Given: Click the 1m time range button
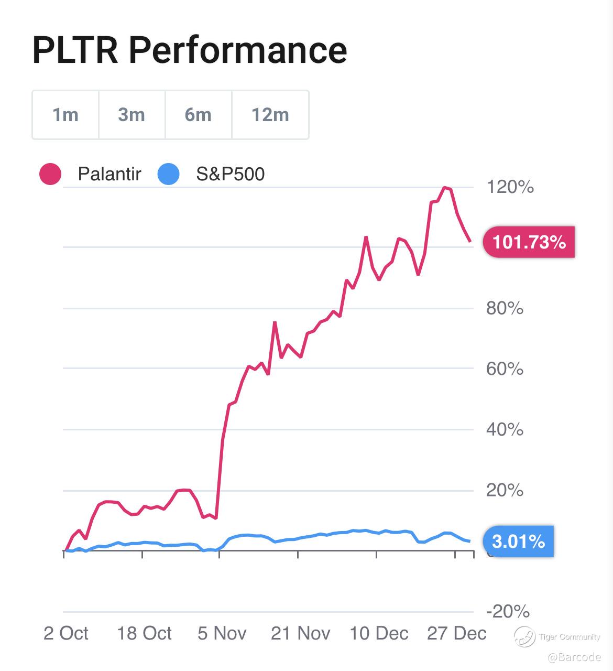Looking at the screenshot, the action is point(65,115).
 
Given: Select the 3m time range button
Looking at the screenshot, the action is point(132,115).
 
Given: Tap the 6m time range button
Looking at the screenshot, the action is point(199,115).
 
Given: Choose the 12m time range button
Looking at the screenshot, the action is point(270,115).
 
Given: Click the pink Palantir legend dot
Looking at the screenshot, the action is point(50,174).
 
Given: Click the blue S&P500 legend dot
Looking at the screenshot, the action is point(168,174).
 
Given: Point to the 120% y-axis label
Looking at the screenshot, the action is point(510,187).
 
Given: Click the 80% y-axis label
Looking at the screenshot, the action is point(505,308).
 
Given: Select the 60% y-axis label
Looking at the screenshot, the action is point(505,369).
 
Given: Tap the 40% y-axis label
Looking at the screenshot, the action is point(505,429).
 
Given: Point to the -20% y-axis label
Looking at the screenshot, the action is point(508,611).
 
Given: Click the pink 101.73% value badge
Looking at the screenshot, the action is point(529,242).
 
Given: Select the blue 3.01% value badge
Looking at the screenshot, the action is point(518,541).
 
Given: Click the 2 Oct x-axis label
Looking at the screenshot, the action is point(66,633).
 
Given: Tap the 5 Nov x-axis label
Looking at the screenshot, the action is point(222,633).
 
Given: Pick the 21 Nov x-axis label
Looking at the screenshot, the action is point(300,633).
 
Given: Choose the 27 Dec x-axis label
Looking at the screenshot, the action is point(456,633).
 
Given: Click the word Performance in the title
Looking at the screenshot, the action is point(238,50).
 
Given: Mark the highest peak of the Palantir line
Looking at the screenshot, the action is point(445,187).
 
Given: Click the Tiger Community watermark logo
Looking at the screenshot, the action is point(524,637).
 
